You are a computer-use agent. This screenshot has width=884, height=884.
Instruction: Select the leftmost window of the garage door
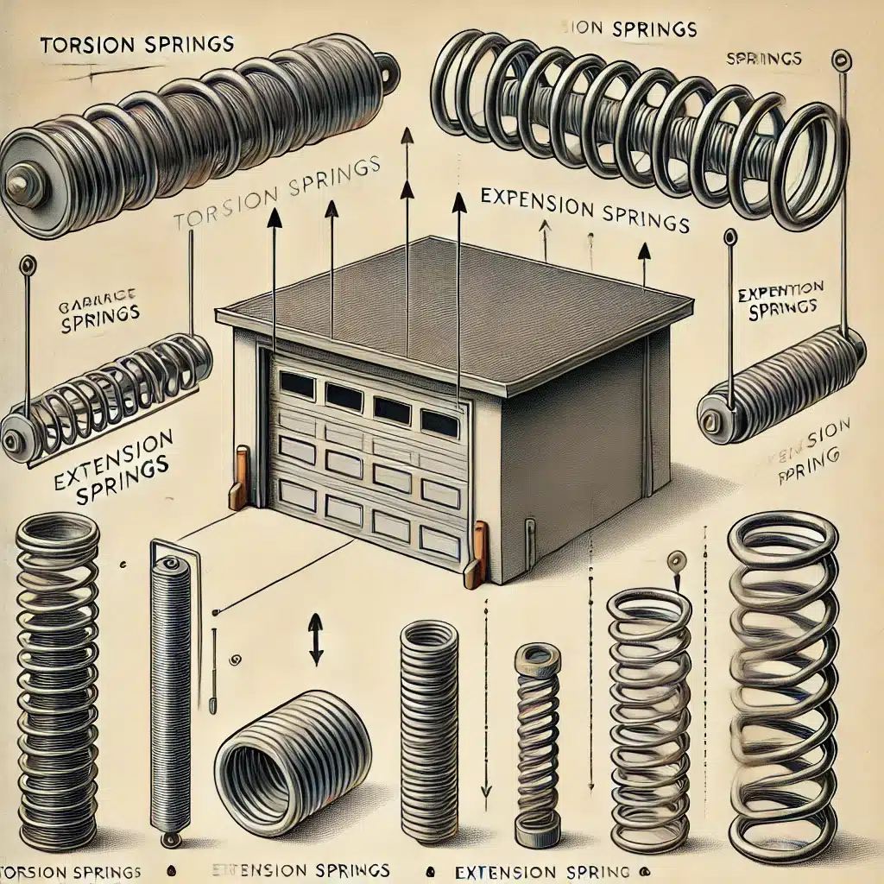point(298,385)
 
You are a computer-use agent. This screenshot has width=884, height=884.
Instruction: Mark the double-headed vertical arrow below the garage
point(315,638)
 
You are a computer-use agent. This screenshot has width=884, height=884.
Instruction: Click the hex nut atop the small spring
point(537,660)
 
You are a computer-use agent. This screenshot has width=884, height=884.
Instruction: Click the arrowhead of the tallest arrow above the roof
point(406,136)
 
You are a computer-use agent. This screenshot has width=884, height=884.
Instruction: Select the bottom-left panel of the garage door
point(299,495)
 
